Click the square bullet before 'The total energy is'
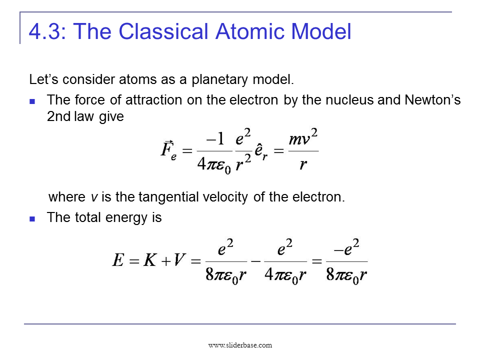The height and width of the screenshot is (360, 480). [32, 218]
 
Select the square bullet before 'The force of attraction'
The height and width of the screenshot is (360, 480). [32, 101]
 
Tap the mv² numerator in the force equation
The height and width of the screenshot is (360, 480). [303, 138]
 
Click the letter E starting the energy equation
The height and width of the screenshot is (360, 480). [118, 261]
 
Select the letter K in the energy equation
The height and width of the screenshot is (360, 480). [149, 261]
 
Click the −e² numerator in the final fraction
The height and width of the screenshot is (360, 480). [346, 248]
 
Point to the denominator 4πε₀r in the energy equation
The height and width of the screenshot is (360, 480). [285, 275]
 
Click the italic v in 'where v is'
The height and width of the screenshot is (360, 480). [93, 197]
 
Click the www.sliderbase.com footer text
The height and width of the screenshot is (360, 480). [240, 345]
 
